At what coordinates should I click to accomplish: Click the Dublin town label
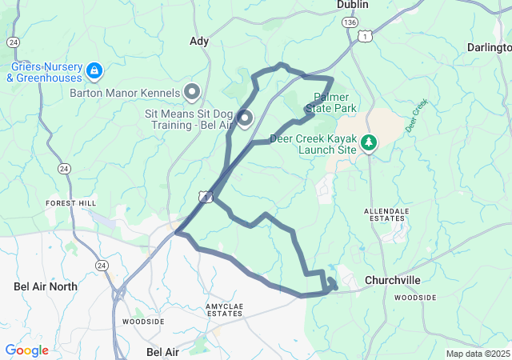click(x=353, y=5)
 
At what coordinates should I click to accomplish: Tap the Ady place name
click(x=199, y=41)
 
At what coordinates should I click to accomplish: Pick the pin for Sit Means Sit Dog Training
click(x=243, y=119)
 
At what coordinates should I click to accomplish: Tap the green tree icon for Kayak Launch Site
click(x=369, y=143)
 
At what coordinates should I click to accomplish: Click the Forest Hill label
click(x=70, y=203)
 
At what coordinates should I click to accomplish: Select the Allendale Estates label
click(x=386, y=216)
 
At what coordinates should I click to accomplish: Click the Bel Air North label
click(x=46, y=286)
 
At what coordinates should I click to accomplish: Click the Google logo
click(x=26, y=350)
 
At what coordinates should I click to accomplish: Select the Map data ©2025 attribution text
click(x=477, y=354)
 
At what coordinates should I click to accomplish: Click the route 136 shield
click(x=349, y=24)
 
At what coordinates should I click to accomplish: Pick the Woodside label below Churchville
click(x=415, y=298)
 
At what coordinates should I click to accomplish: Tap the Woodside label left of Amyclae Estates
click(x=143, y=322)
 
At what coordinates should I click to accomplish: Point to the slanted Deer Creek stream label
click(x=417, y=116)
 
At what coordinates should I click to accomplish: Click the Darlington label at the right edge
click(x=490, y=48)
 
